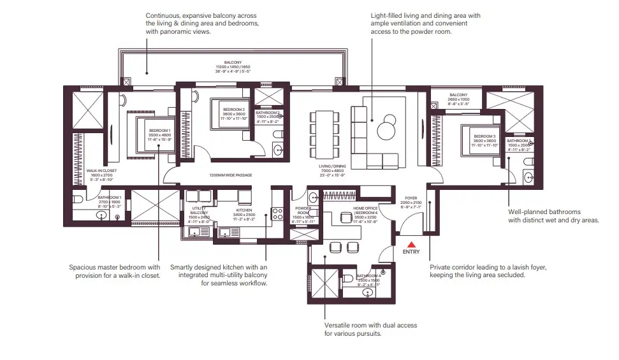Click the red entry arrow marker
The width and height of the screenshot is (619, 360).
click(x=412, y=243)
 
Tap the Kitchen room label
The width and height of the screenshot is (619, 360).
click(x=244, y=210)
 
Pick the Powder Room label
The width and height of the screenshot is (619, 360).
click(x=303, y=210)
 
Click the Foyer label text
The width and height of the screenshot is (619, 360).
click(x=411, y=198)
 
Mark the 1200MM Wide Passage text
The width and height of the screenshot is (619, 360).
click(x=230, y=175)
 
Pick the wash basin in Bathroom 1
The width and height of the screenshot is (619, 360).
click(x=100, y=216)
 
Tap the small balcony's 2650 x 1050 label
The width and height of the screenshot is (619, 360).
click(x=458, y=99)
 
